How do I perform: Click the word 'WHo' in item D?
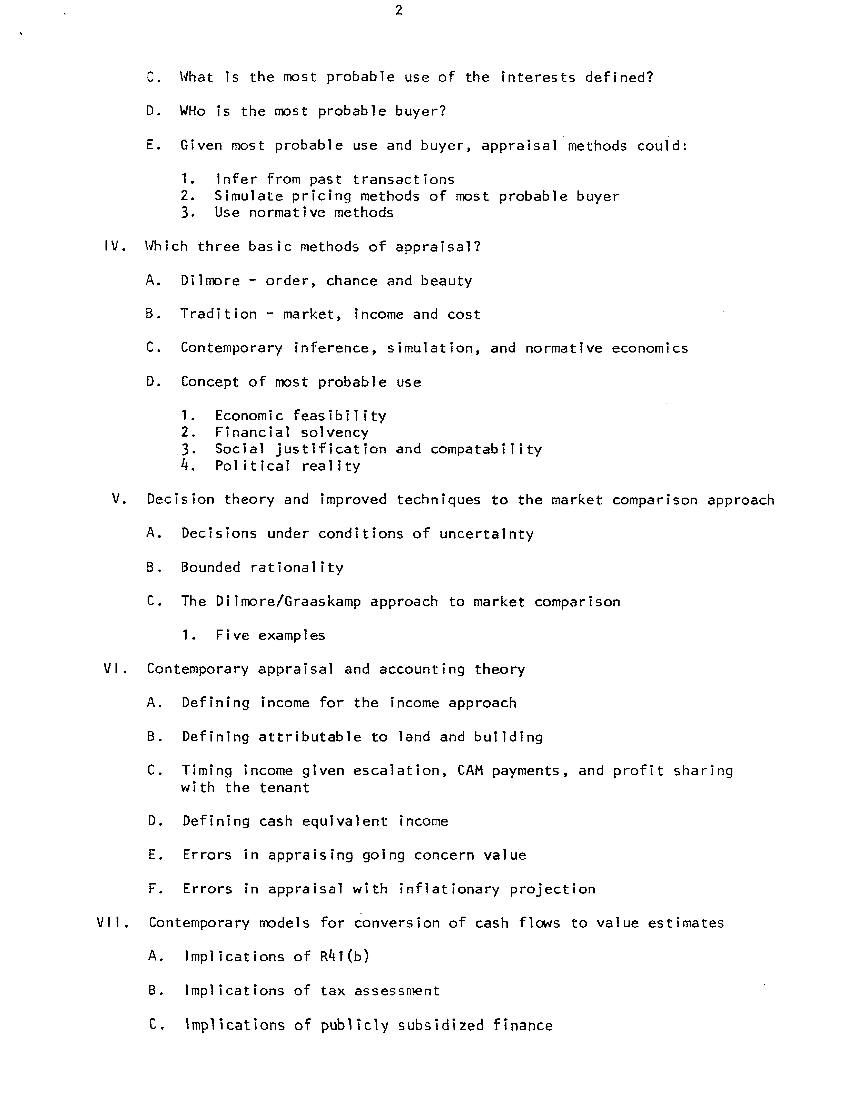click(x=193, y=111)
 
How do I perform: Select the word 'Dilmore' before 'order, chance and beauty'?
click(x=210, y=281)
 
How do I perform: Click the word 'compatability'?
click(x=486, y=449)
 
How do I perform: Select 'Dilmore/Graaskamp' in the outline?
click(x=288, y=601)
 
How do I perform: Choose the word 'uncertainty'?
click(x=486, y=534)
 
